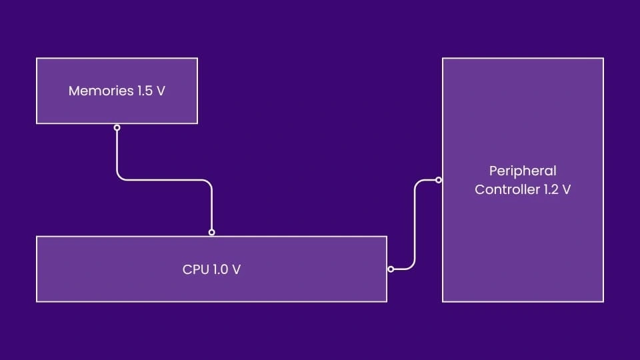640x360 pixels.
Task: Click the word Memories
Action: (101, 91)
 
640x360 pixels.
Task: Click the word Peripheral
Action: (523, 171)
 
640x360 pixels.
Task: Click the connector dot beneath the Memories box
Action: (117, 127)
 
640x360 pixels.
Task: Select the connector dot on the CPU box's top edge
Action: (212, 233)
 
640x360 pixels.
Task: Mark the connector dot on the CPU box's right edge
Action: (391, 269)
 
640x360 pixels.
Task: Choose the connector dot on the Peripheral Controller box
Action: (438, 179)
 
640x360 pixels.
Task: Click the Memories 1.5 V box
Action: (117, 107)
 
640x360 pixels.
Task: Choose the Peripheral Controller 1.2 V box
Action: (523, 247)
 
